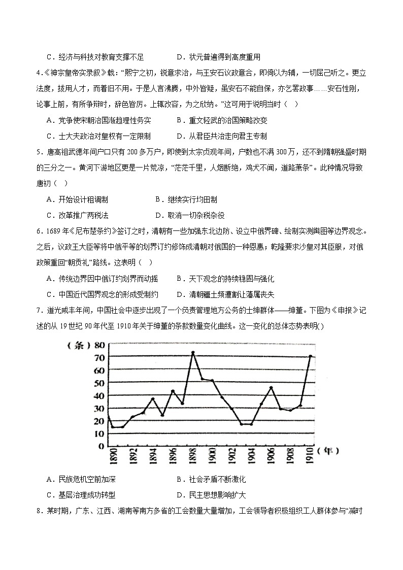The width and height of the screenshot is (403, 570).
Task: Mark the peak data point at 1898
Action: (x=193, y=352)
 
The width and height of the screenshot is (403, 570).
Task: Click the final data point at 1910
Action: (x=310, y=356)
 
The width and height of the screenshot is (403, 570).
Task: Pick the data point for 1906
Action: (x=271, y=387)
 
